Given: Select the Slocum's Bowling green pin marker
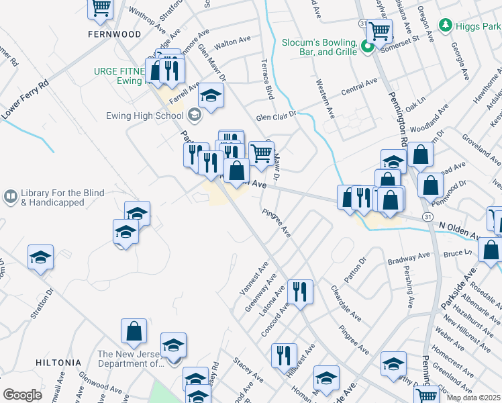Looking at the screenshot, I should click(367, 46).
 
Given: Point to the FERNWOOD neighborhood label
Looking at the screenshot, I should click(115, 34).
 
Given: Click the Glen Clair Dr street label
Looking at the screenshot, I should click(275, 116).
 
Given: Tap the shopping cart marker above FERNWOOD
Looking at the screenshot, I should click(101, 8).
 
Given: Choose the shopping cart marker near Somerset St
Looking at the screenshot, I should click(380, 30).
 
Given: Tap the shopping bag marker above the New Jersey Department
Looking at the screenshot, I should click(134, 330).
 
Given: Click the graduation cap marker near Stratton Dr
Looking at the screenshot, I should click(40, 257).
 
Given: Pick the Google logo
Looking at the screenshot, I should click(22, 395).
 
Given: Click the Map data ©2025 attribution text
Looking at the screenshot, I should click(472, 398).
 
